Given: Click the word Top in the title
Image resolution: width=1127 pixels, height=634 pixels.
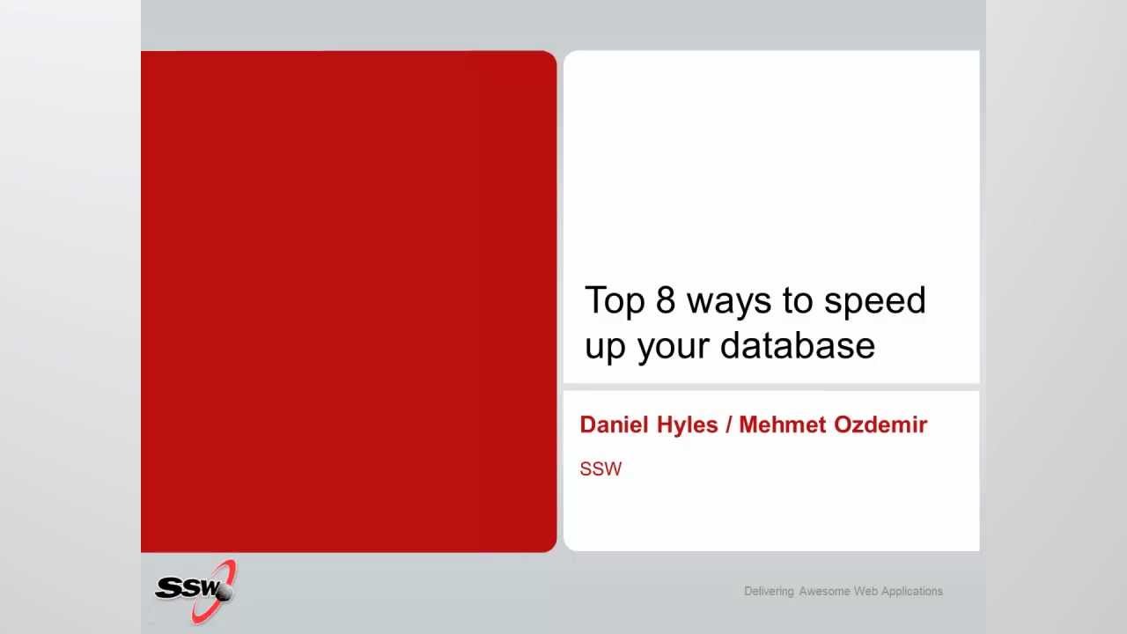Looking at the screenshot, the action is point(615,300).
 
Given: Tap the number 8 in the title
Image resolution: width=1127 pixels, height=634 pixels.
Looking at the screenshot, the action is point(666,299).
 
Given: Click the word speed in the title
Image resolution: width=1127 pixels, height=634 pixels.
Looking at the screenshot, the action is point(875,301).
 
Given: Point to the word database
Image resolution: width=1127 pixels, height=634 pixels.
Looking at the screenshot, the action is point(798,346).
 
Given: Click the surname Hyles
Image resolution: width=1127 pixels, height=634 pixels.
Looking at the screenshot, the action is point(688,425).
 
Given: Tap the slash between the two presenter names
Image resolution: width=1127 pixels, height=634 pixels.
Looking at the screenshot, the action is point(728,424).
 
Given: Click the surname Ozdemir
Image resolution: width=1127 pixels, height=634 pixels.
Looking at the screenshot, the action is point(880,424).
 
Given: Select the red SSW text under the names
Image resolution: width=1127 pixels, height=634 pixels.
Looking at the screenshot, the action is point(600,469).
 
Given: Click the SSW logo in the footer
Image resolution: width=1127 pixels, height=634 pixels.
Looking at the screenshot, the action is point(195,592).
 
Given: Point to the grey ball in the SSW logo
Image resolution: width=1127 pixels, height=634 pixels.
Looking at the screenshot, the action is point(224,593).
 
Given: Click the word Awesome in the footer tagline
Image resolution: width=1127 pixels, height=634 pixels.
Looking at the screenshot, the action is point(824,591).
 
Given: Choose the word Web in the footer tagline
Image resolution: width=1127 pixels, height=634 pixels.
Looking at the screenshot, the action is point(866,591).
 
